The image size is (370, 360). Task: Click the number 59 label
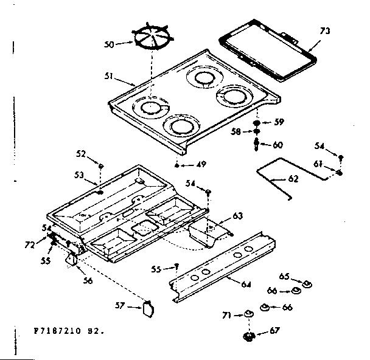(279, 122)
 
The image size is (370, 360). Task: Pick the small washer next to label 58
(257, 132)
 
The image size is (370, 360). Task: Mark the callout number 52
(80, 154)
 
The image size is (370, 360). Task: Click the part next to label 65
(306, 283)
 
